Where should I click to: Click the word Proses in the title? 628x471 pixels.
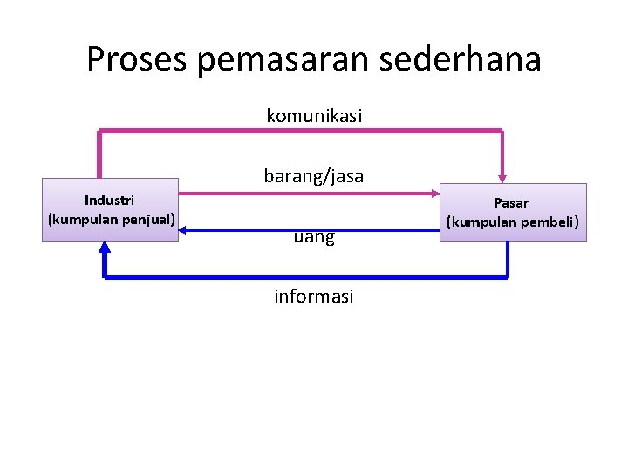(139, 59)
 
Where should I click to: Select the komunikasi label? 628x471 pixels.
(314, 115)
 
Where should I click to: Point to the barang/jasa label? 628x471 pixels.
(314, 176)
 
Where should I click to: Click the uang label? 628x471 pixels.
(314, 236)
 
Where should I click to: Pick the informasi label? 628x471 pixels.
(314, 297)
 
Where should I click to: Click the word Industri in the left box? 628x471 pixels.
(109, 201)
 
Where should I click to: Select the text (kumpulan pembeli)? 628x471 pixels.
(513, 222)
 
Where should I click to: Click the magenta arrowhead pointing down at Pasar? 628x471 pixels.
(502, 177)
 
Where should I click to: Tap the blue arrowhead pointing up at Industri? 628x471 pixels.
(105, 248)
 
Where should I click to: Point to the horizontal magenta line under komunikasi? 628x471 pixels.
(301, 131)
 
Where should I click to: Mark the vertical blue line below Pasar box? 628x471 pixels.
(507, 260)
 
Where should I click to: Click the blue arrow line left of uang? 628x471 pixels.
(235, 230)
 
